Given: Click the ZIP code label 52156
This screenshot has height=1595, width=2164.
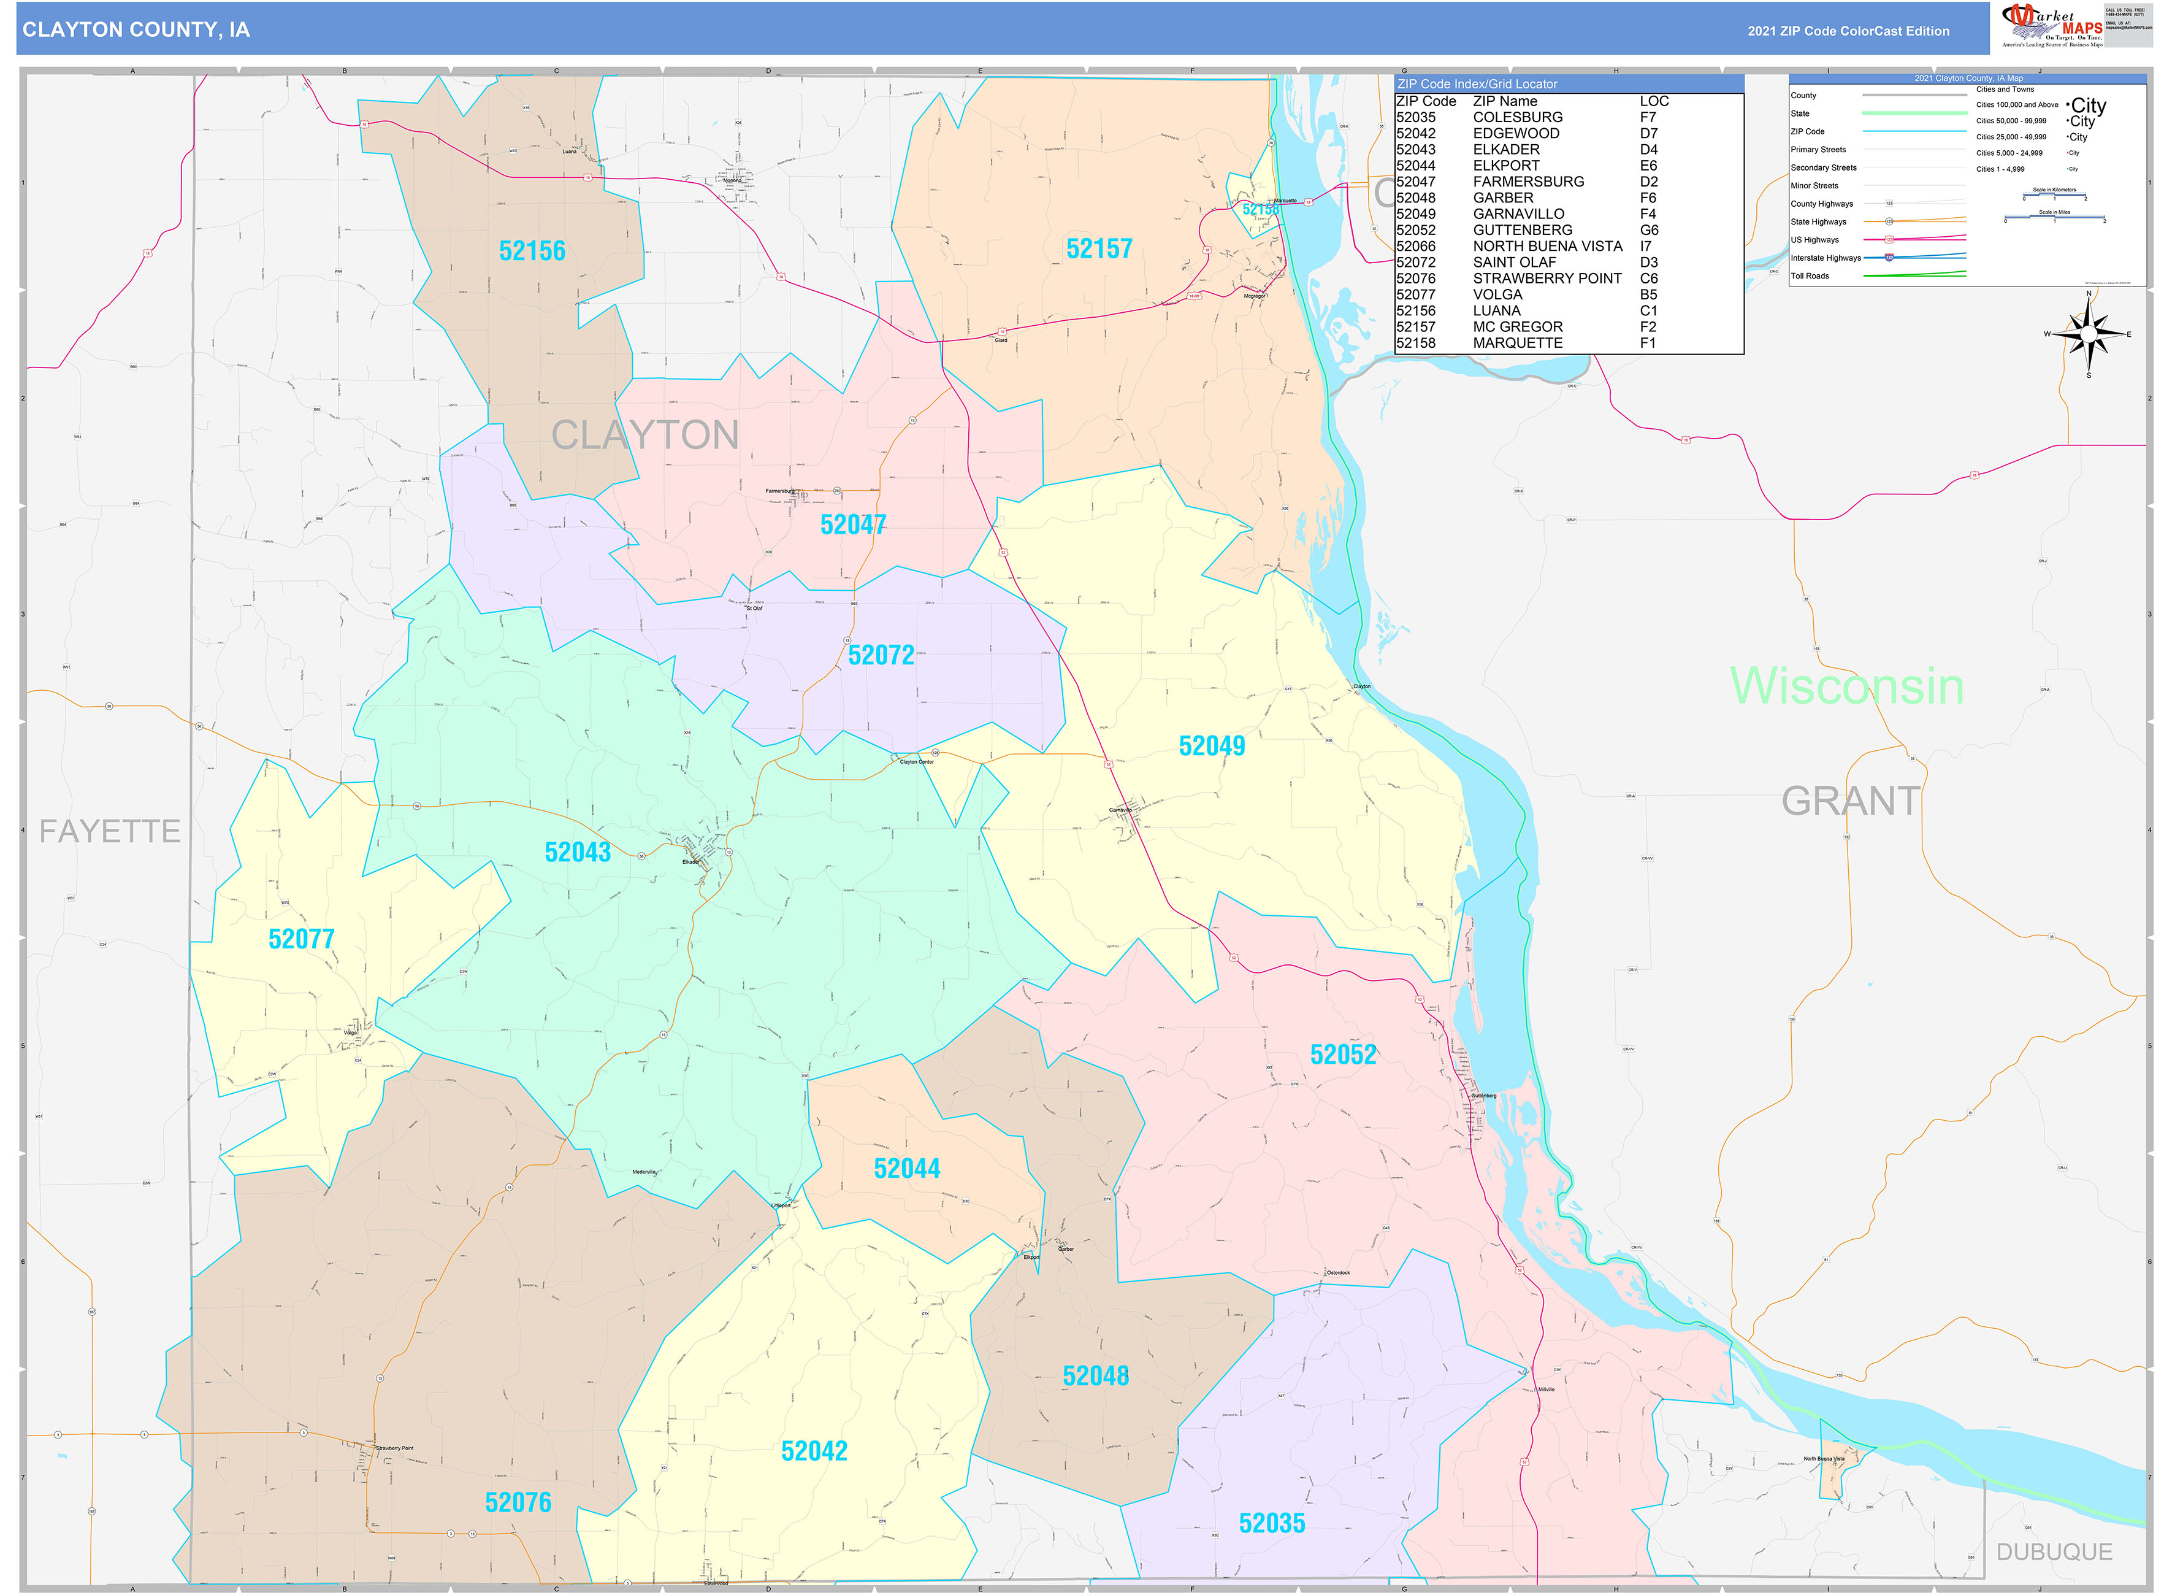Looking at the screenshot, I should (x=532, y=251).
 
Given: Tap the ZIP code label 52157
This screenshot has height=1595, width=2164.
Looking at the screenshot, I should (x=1098, y=249).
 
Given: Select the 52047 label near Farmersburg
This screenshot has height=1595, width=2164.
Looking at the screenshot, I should (x=852, y=525).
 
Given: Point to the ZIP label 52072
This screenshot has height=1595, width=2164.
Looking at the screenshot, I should (x=881, y=655).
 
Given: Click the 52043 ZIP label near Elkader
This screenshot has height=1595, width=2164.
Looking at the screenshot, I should (x=577, y=851).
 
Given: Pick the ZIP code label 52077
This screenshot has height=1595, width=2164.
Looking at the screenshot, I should (x=301, y=939).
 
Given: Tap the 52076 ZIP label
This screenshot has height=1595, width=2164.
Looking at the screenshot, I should (x=518, y=1501).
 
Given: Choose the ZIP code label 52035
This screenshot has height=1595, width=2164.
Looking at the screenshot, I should (x=1271, y=1523).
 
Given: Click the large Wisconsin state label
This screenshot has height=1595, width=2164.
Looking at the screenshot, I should (x=1846, y=685).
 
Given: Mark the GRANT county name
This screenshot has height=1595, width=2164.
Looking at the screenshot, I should (x=1850, y=801).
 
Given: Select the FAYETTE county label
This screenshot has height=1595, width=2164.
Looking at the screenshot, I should (x=109, y=831).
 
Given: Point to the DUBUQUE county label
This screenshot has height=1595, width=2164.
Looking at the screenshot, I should (x=2054, y=1551).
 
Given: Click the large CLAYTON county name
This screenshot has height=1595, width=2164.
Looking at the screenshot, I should (x=644, y=434).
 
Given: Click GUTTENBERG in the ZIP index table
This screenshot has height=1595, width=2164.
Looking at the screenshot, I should (x=1521, y=230).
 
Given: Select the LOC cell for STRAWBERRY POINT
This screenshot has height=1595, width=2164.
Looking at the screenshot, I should (x=1648, y=278).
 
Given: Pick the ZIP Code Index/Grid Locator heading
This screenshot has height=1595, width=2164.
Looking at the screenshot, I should (x=1476, y=84).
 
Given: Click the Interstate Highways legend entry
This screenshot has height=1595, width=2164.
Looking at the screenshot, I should (x=1826, y=258).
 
